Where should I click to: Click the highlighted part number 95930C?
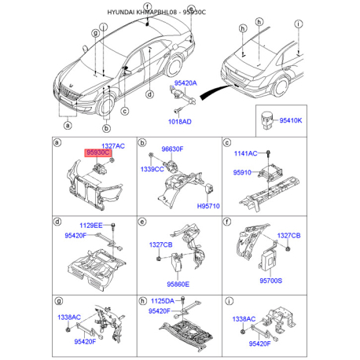pos(97,152)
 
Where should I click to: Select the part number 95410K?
pos(291,120)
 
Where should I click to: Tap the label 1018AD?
pos(180,122)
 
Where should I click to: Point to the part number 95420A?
pos(186,83)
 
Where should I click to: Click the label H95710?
pos(208,206)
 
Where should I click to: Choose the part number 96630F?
pos(172,149)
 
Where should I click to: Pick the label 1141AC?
pos(245,153)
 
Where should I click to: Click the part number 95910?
pos(242,173)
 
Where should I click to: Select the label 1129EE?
pos(91,226)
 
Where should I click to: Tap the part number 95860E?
pos(178,285)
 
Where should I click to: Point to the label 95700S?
pos(271,281)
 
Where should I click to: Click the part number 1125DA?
pos(163,301)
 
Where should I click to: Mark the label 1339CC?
pos(152,169)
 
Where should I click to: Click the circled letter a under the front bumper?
pos(68,125)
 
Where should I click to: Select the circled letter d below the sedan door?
pos(149,94)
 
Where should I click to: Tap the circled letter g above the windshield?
pos(96,33)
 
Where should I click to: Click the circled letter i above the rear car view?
pos(299,24)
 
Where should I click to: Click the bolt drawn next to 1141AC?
pos(268,154)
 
